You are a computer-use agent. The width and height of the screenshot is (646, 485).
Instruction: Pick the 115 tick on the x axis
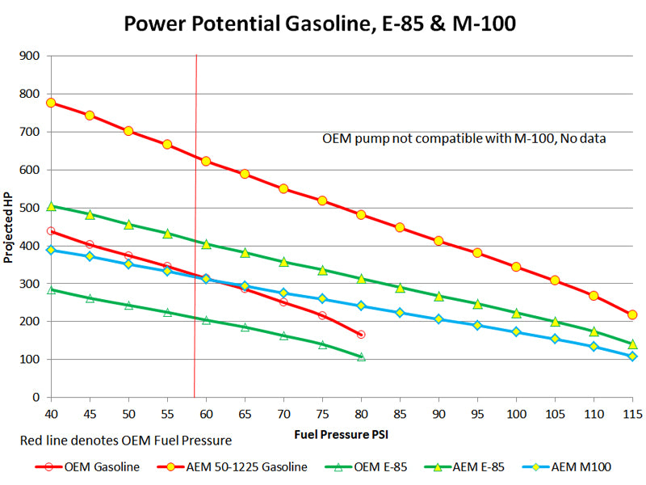pyautogui.click(x=632, y=413)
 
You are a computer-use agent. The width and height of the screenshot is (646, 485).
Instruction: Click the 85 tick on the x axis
pyautogui.click(x=400, y=413)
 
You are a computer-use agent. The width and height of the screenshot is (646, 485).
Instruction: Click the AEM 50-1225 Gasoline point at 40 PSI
pyautogui.click(x=51, y=103)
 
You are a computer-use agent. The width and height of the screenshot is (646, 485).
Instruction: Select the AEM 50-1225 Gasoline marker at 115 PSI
pyautogui.click(x=632, y=314)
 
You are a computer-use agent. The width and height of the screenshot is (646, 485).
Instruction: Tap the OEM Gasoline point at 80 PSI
pyautogui.click(x=361, y=335)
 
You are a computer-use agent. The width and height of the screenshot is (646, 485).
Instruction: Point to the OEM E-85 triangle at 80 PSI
pyautogui.click(x=361, y=356)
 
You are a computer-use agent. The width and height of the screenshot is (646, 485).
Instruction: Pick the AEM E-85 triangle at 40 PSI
pyautogui.click(x=51, y=206)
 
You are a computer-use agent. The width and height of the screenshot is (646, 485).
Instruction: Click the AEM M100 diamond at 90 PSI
pyautogui.click(x=438, y=319)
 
